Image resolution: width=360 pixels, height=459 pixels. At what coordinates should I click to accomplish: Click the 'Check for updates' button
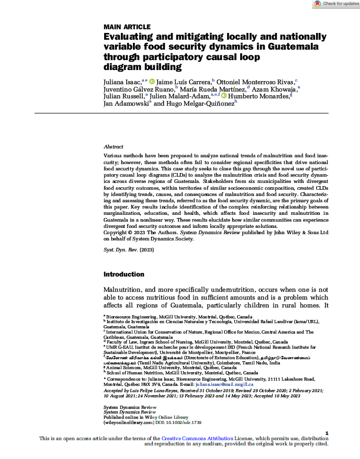coord(336,4)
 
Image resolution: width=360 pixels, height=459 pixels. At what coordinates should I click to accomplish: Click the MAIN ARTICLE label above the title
coord(127,27)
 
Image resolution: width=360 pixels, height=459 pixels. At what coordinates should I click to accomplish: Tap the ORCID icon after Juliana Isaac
coord(153,82)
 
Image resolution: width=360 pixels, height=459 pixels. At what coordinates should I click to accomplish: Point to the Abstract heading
coord(114,147)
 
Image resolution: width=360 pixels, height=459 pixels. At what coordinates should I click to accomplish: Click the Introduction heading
coord(124,274)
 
